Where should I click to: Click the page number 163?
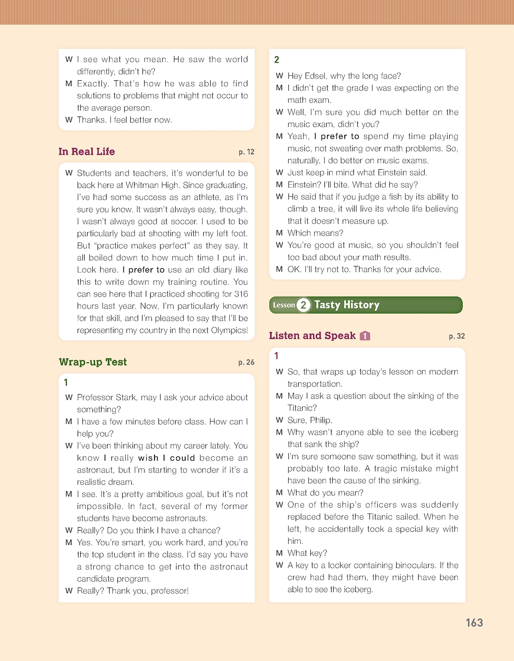(474, 623)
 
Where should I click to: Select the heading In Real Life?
(87, 152)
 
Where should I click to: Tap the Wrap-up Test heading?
(93, 362)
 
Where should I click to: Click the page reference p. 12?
(246, 152)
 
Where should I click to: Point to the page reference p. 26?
(246, 362)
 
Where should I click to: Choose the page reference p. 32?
(457, 336)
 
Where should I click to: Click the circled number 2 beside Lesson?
(303, 305)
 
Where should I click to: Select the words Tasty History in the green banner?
(347, 305)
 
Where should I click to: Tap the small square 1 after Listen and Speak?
(365, 336)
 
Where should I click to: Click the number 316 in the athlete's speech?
(241, 294)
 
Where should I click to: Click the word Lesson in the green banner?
(284, 305)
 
